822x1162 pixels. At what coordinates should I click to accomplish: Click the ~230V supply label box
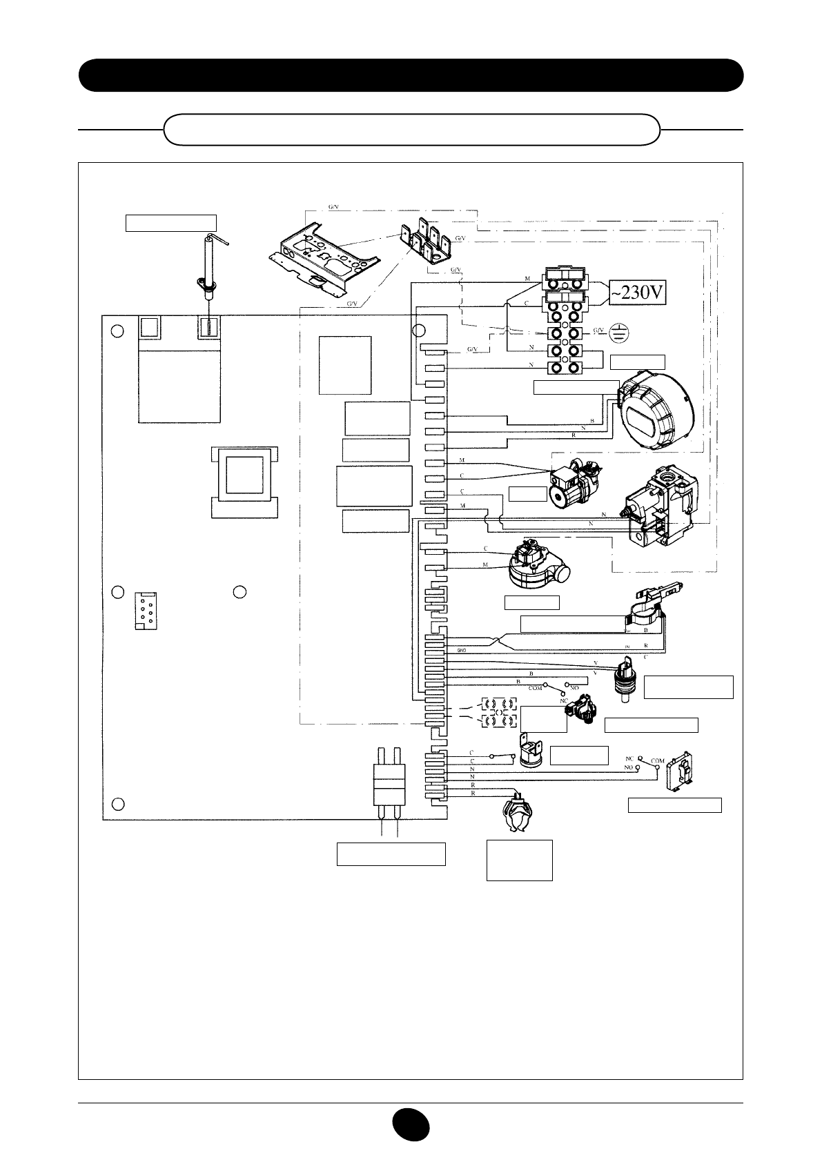coord(637,295)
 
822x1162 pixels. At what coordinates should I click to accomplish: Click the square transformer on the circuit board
coord(244,481)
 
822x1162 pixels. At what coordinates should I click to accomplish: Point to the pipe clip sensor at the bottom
coord(520,816)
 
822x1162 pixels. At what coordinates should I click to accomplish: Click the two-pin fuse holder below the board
coord(386,787)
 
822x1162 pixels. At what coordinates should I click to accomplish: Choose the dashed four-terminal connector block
coord(498,713)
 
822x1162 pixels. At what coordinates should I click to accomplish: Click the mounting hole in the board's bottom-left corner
coord(119,804)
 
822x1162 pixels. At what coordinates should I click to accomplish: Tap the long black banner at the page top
coord(411,75)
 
